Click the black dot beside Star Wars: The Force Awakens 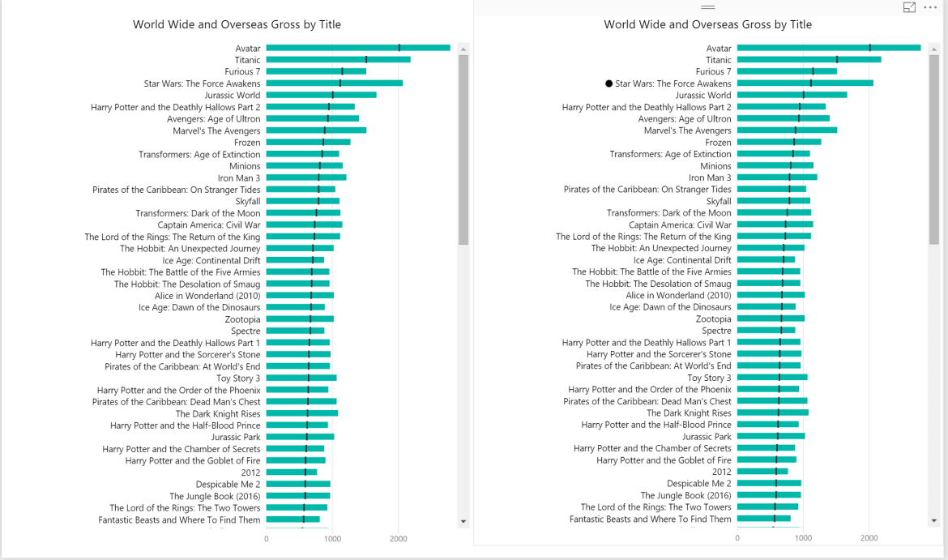click(609, 83)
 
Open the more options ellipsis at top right click(930, 7)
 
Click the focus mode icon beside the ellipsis click(909, 7)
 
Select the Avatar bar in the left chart click(358, 48)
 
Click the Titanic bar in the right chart click(809, 59)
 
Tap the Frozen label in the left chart click(247, 143)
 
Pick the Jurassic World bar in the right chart click(792, 95)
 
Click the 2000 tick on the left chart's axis click(399, 539)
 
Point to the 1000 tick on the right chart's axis click(803, 538)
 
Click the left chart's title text click(237, 25)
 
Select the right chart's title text click(708, 25)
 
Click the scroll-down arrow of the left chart click(463, 521)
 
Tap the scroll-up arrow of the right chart click(934, 49)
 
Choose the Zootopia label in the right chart click(713, 319)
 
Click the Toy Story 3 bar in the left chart click(301, 378)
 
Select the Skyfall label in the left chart click(248, 201)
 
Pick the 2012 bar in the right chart click(762, 471)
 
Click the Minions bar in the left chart click(304, 165)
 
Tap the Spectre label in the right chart click(716, 331)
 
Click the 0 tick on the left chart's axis click(267, 539)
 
